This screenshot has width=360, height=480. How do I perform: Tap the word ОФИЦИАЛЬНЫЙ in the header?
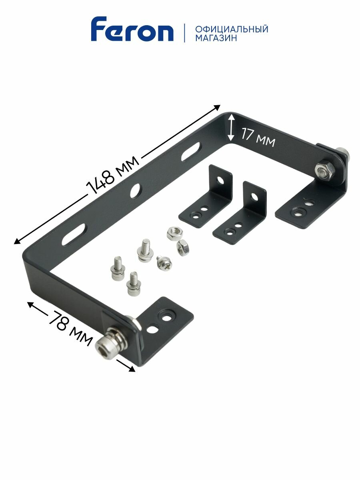[x=232, y=29]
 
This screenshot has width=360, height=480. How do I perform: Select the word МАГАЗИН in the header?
[x=216, y=38]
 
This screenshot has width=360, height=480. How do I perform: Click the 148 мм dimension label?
[x=113, y=174]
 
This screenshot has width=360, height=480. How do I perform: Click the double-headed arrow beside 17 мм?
[x=231, y=127]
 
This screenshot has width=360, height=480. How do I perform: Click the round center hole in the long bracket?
[x=136, y=190]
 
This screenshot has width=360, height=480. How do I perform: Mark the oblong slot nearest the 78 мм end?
[x=74, y=233]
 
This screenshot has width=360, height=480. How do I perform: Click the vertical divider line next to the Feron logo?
[x=184, y=33]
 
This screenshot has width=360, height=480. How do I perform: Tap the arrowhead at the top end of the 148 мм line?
[x=218, y=107]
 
